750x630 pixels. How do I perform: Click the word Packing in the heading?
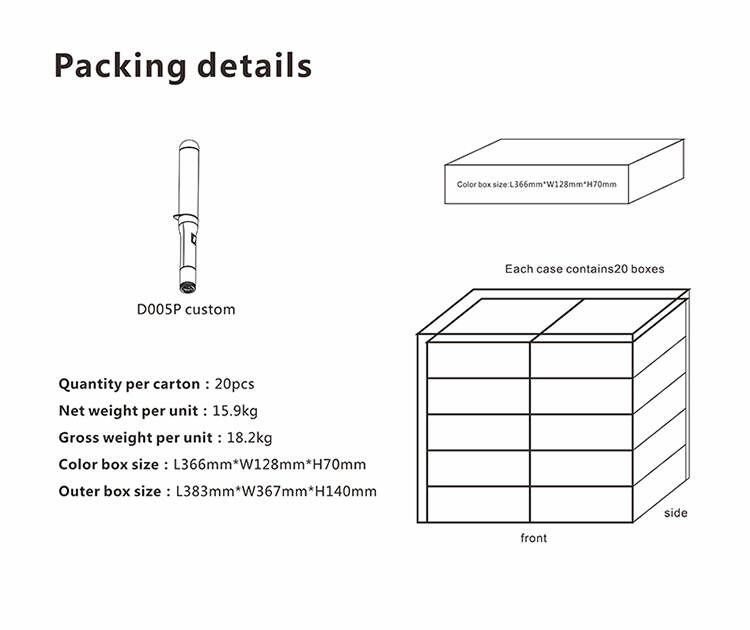pyautogui.click(x=120, y=66)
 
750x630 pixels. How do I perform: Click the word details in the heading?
pyautogui.click(x=254, y=65)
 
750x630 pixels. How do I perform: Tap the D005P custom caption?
pyautogui.click(x=186, y=309)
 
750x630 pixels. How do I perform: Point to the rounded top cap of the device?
pyautogui.click(x=189, y=144)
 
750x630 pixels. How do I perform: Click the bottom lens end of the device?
pyautogui.click(x=188, y=287)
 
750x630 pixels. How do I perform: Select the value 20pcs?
pyautogui.click(x=234, y=384)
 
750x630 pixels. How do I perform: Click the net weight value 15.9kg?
pyautogui.click(x=235, y=411)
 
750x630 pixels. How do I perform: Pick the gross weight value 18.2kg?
pyautogui.click(x=249, y=438)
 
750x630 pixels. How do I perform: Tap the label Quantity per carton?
pyautogui.click(x=129, y=384)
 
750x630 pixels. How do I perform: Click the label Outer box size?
pyautogui.click(x=110, y=491)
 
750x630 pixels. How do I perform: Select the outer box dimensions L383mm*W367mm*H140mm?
pyautogui.click(x=276, y=491)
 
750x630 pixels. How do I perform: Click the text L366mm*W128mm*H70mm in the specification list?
pyautogui.click(x=270, y=464)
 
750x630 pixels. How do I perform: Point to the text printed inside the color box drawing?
pyautogui.click(x=537, y=184)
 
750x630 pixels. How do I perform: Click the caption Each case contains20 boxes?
pyautogui.click(x=585, y=269)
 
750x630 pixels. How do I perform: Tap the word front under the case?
pyautogui.click(x=534, y=538)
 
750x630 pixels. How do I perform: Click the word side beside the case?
pyautogui.click(x=676, y=513)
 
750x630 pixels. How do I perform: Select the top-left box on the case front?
pyautogui.click(x=478, y=360)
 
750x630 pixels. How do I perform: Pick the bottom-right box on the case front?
pyautogui.click(x=582, y=505)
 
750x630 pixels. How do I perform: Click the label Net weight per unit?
pyautogui.click(x=128, y=411)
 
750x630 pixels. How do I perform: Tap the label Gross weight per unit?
pyautogui.click(x=135, y=438)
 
